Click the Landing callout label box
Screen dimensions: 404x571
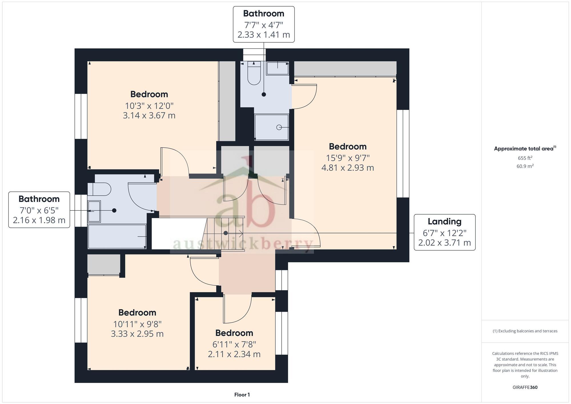[445, 232]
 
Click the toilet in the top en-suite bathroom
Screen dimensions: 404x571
[254, 74]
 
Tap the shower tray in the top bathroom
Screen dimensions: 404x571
[272, 127]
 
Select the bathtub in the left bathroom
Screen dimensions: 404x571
[117, 236]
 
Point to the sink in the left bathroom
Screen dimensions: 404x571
[94, 211]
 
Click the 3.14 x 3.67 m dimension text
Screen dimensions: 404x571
[149, 116]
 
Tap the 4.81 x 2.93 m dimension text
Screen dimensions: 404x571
[347, 168]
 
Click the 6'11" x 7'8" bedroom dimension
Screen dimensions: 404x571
[234, 344]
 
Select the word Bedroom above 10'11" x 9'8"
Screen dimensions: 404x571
[137, 312]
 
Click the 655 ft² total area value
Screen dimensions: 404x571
[525, 158]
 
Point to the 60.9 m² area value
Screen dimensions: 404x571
[525, 166]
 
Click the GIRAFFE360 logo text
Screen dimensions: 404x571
[525, 387]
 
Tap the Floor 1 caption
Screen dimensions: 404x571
[242, 395]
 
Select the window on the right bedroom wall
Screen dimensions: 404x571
[403, 154]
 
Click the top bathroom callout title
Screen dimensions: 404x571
[264, 13]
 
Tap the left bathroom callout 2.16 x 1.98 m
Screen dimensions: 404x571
[39, 220]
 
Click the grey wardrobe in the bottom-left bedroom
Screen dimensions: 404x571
[104, 264]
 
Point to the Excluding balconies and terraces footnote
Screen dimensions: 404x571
[525, 331]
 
